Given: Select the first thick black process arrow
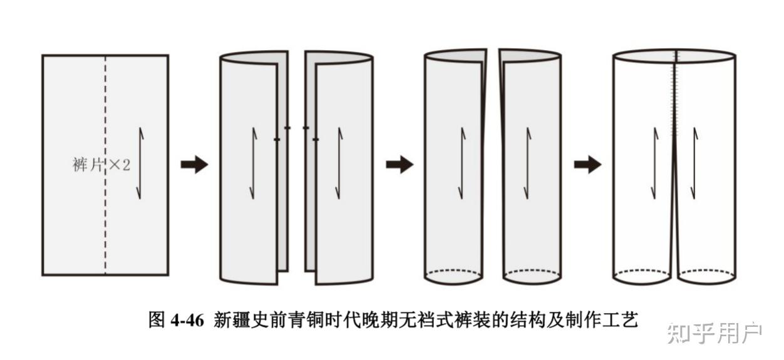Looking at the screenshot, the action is pyautogui.click(x=194, y=165).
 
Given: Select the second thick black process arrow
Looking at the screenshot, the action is pyautogui.click(x=399, y=165).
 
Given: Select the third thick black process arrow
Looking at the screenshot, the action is pyautogui.click(x=587, y=165).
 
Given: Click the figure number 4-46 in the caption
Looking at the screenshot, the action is pyautogui.click(x=187, y=321).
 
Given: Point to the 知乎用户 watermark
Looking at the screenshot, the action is pyautogui.click(x=714, y=332).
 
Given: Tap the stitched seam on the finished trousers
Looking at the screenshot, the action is pyautogui.click(x=676, y=94).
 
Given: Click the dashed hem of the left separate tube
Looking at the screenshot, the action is pyautogui.click(x=453, y=273).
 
